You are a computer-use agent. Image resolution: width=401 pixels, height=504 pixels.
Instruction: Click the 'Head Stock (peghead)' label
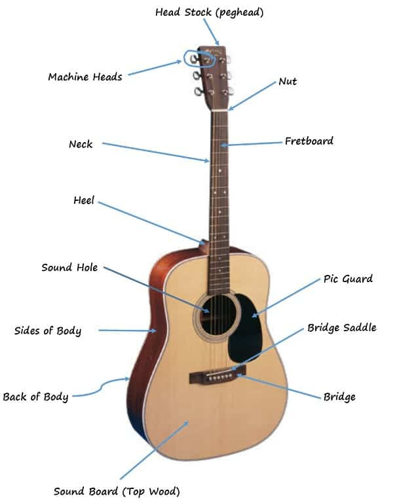(209, 12)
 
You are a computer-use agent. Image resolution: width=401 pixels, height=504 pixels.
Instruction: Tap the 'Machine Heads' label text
(85, 77)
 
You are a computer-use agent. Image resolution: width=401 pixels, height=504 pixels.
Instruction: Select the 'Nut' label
(288, 81)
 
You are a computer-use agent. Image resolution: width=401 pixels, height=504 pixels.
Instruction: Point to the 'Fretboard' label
(309, 141)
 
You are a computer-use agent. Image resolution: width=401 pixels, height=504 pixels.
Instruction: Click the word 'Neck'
(81, 144)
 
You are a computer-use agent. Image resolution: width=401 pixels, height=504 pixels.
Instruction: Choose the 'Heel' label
(84, 200)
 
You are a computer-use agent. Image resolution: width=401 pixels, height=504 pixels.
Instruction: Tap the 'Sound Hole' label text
(69, 268)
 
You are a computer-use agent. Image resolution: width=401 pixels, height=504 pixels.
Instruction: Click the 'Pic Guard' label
(348, 279)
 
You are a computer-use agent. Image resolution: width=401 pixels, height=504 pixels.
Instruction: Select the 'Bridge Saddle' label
(342, 327)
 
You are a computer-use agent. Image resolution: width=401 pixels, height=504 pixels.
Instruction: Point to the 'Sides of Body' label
(48, 331)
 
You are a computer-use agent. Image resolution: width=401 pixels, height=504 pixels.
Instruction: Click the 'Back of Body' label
(35, 397)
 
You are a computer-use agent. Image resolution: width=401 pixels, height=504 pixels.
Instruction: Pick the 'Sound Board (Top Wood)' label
(117, 492)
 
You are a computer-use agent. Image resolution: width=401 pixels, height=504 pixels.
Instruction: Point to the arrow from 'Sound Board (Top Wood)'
(155, 450)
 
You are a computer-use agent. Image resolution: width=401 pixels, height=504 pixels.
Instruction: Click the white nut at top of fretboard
(219, 111)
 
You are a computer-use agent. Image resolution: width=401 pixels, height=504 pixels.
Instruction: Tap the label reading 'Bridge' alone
(339, 397)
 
